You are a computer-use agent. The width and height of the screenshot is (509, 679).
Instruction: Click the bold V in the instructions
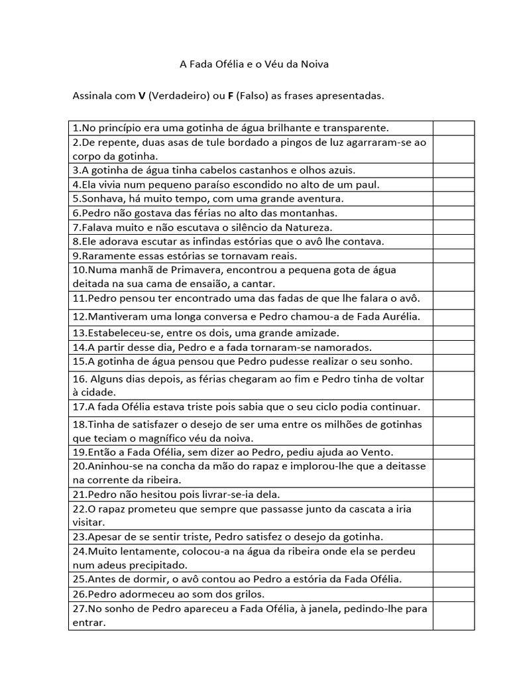(x=142, y=96)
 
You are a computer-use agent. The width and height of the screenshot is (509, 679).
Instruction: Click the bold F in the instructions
(x=230, y=96)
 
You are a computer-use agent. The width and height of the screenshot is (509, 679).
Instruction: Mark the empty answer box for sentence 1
(x=453, y=127)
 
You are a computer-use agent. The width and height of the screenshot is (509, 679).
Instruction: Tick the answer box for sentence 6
(x=453, y=213)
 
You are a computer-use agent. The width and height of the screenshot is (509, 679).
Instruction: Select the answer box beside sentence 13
(x=453, y=333)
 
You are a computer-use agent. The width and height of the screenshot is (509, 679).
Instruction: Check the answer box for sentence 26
(x=453, y=594)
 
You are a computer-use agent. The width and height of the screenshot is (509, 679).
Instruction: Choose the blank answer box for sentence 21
(x=453, y=494)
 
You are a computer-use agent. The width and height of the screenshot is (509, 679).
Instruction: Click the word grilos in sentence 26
(x=251, y=594)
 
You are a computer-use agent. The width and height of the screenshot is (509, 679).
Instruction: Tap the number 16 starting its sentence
(x=79, y=379)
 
